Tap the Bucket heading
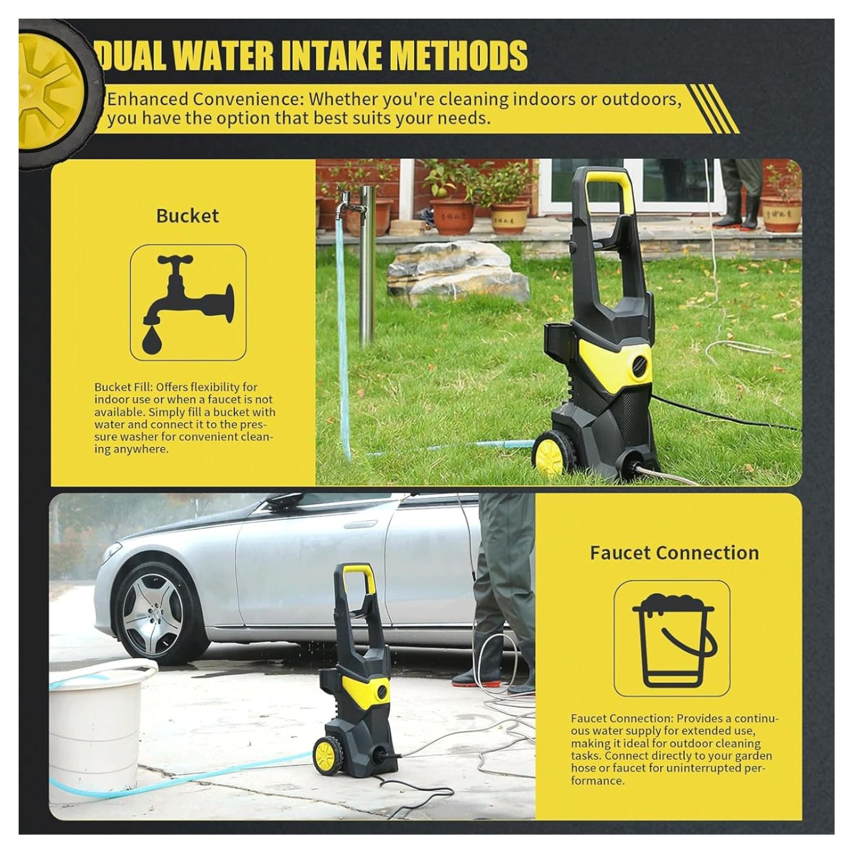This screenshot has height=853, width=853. (188, 216)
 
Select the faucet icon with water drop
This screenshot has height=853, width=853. (188, 302)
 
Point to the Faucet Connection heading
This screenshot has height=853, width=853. (674, 553)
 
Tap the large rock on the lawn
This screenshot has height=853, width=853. (457, 272)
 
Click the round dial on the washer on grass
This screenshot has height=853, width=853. (640, 365)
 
